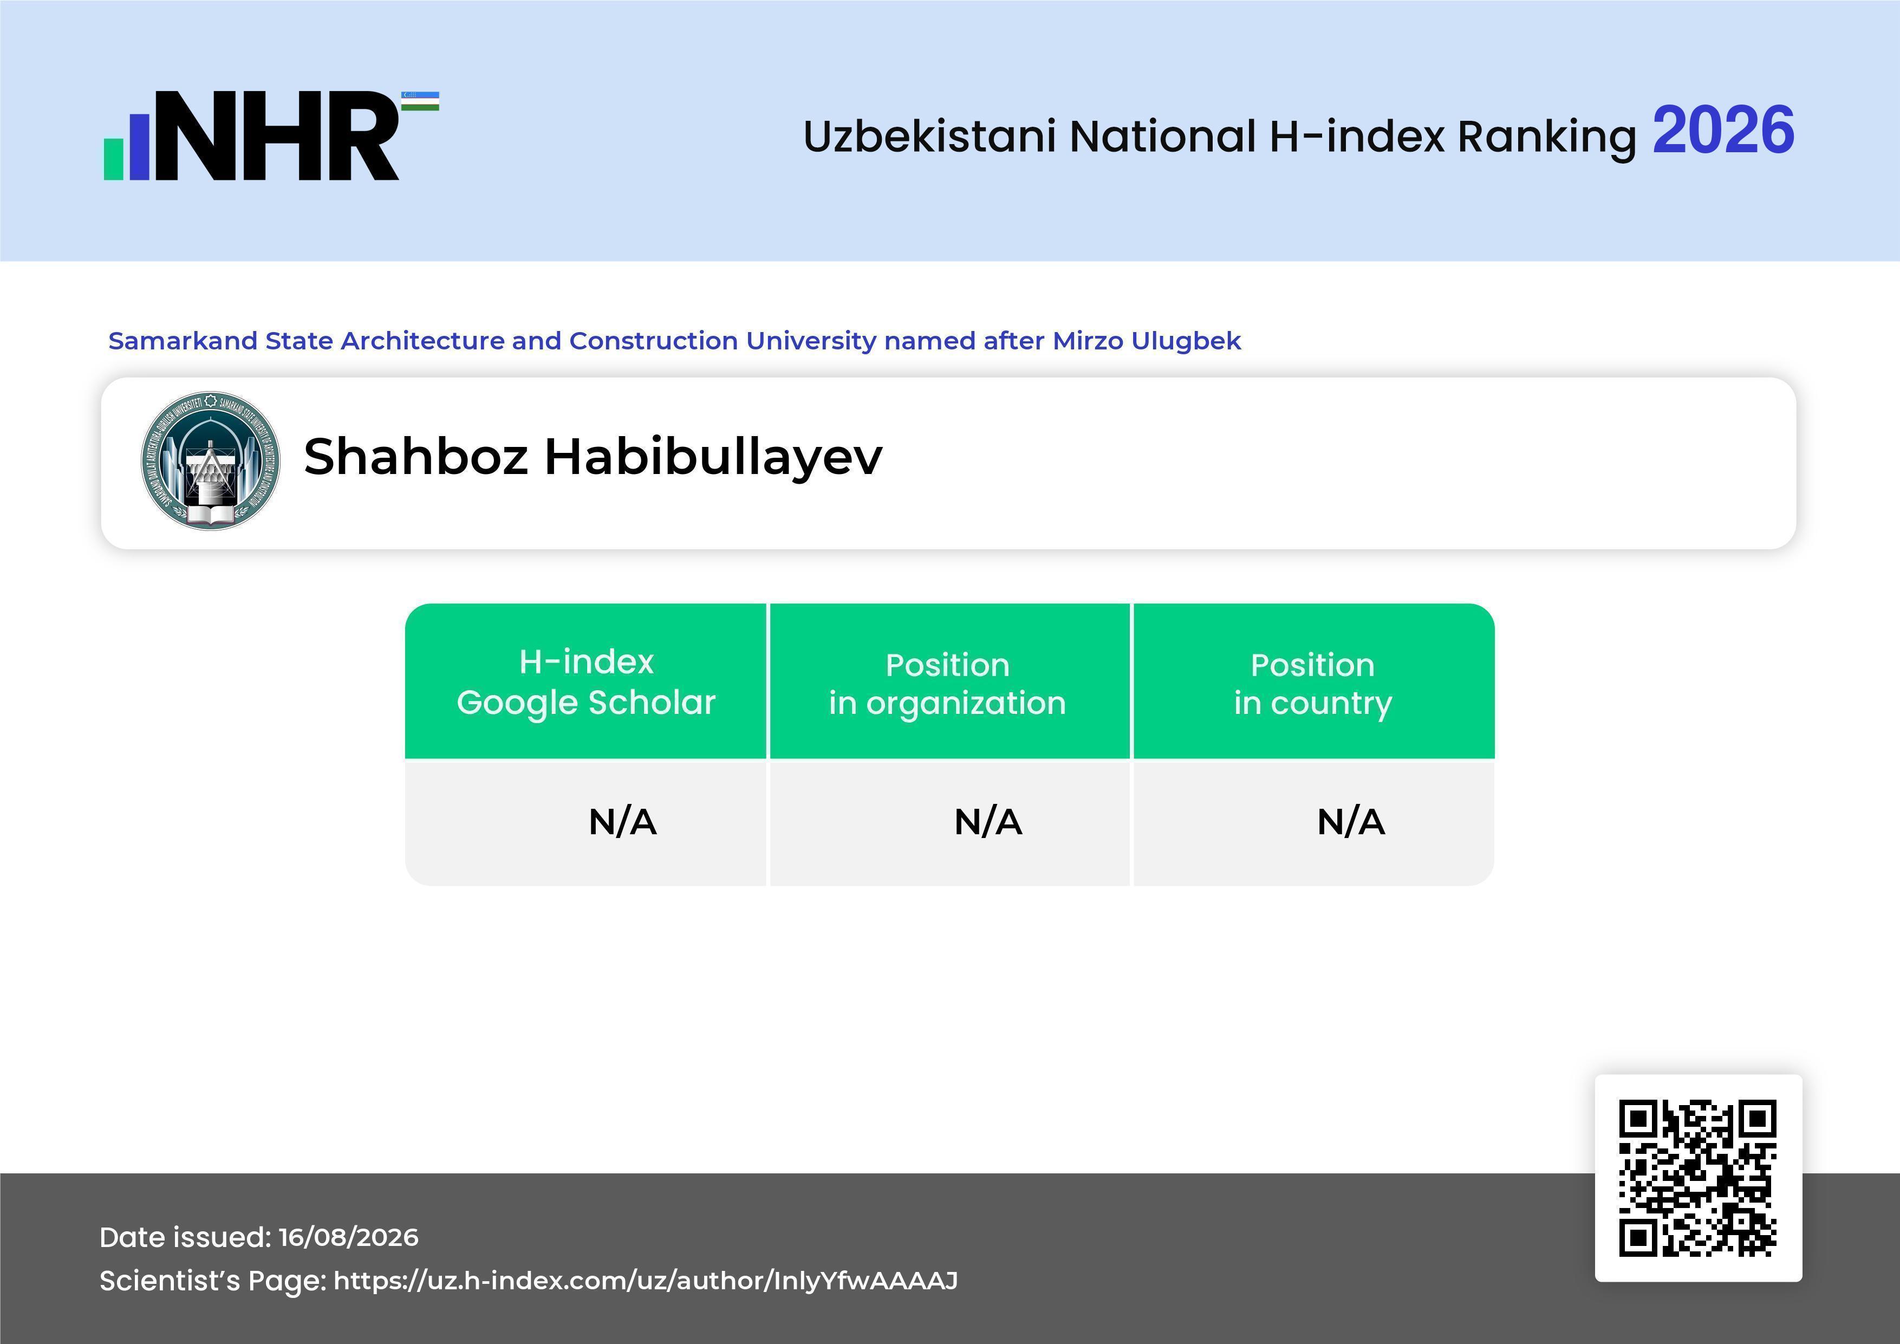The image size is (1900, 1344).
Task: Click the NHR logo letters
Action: (x=277, y=136)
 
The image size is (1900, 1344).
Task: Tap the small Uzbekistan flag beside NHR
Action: (x=420, y=101)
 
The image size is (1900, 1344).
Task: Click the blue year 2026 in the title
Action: (x=1723, y=131)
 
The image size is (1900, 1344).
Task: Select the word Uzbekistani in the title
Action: (x=929, y=137)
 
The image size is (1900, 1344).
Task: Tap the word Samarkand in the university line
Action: (x=182, y=340)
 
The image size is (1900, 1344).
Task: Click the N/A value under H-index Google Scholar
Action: (x=622, y=822)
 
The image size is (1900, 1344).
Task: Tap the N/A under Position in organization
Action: (x=988, y=822)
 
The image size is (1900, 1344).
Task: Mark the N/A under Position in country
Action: (x=1350, y=822)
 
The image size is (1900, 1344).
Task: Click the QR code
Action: (x=1698, y=1178)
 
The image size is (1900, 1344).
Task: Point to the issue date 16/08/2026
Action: (x=348, y=1237)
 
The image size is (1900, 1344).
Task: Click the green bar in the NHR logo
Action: (x=113, y=159)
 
